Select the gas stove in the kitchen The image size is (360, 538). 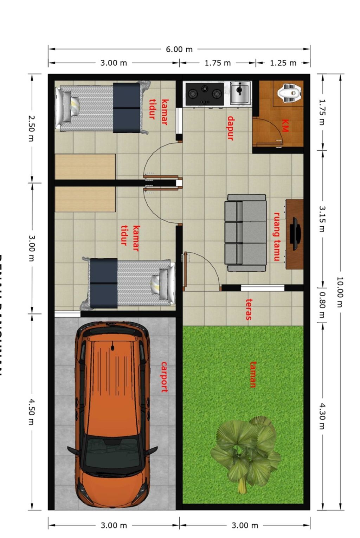tap(204, 94)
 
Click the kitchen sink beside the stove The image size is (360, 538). tap(240, 93)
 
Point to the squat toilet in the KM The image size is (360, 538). tap(290, 93)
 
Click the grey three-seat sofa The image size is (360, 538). tap(245, 233)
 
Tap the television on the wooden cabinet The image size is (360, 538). tap(295, 234)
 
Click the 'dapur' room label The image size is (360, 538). tap(231, 128)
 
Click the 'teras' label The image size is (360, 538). tap(249, 309)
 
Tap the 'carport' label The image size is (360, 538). tap(164, 377)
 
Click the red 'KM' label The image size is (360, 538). tap(285, 125)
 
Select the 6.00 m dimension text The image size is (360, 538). tap(179, 49)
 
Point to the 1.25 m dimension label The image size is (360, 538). tap(283, 63)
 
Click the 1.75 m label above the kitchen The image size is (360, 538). tap(218, 63)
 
